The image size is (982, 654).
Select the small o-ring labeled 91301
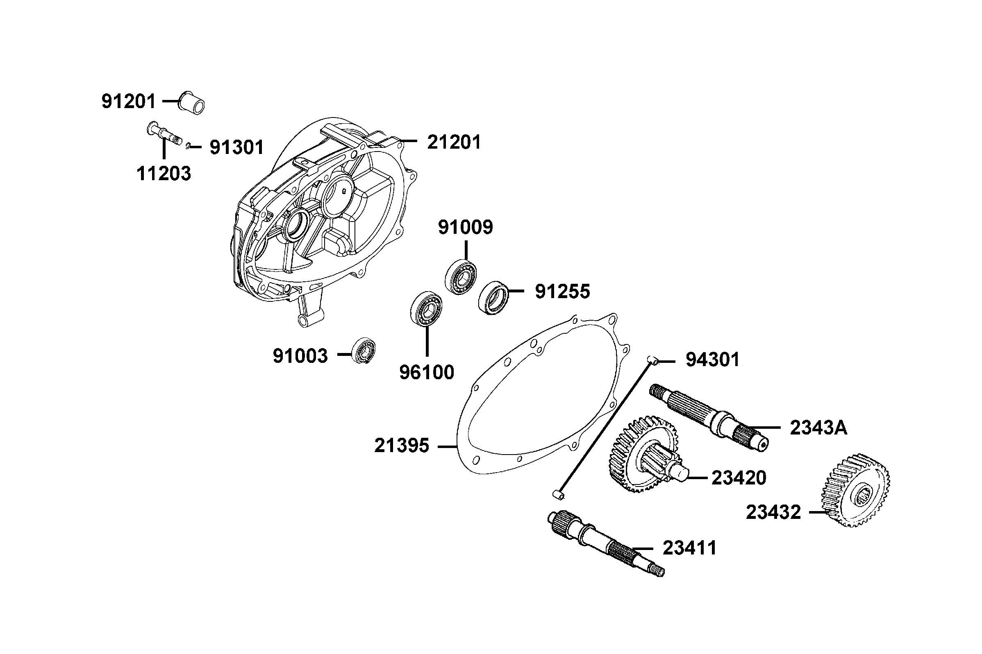pos(189,145)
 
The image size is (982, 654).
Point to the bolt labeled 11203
pos(164,134)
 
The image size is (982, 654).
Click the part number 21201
pos(454,142)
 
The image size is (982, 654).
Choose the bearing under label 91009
pos(460,276)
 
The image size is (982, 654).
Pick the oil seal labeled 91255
pos(494,298)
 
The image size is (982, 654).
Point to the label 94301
pos(712,360)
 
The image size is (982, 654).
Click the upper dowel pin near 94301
pos(653,360)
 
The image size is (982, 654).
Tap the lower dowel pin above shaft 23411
pos(558,495)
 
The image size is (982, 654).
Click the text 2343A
pos(818,428)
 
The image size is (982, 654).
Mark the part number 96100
pos(427,373)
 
